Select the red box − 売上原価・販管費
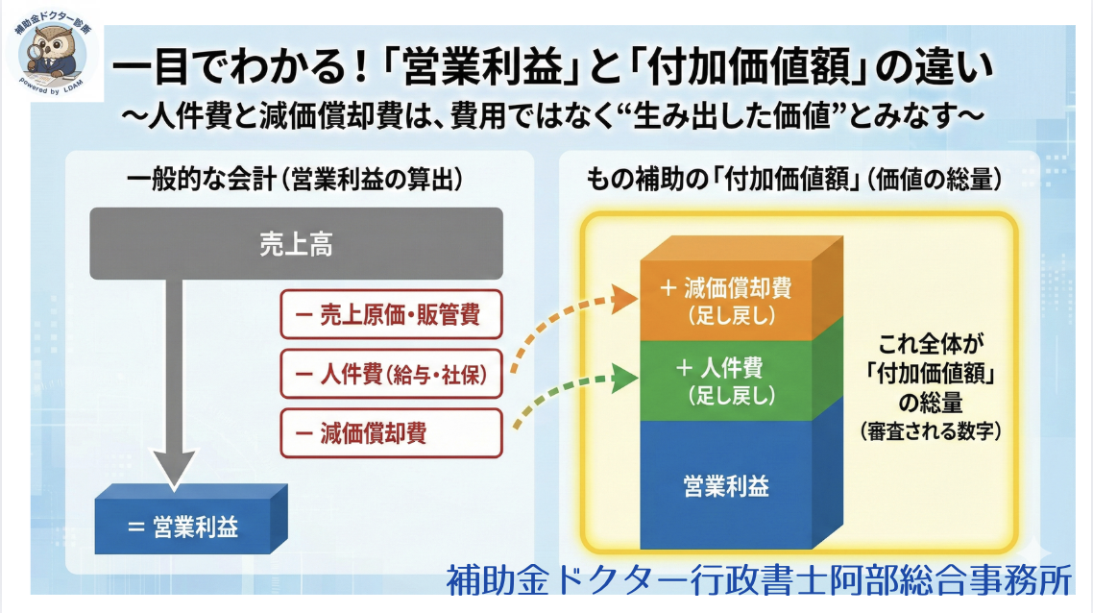tap(392, 314)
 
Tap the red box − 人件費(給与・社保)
tap(392, 374)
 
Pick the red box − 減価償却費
tap(392, 433)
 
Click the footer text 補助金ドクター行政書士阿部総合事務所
tap(758, 580)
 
